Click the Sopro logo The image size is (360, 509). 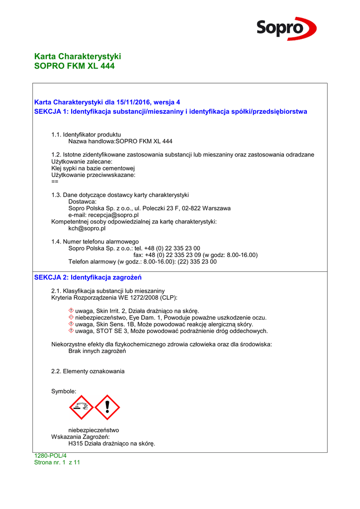pos(286,28)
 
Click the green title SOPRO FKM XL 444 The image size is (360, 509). pos(74,66)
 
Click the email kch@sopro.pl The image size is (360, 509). pos(87,229)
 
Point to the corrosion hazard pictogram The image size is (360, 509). pos(81,408)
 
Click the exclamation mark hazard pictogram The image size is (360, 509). pos(107,408)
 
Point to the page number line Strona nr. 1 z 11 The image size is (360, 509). pos(57,462)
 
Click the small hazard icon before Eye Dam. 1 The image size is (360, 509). pos(71,317)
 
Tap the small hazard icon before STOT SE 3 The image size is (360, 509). pos(71,331)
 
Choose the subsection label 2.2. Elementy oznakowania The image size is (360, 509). pos(88,371)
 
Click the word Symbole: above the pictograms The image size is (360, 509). pos(64,392)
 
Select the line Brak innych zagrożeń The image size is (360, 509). pos(97,351)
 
